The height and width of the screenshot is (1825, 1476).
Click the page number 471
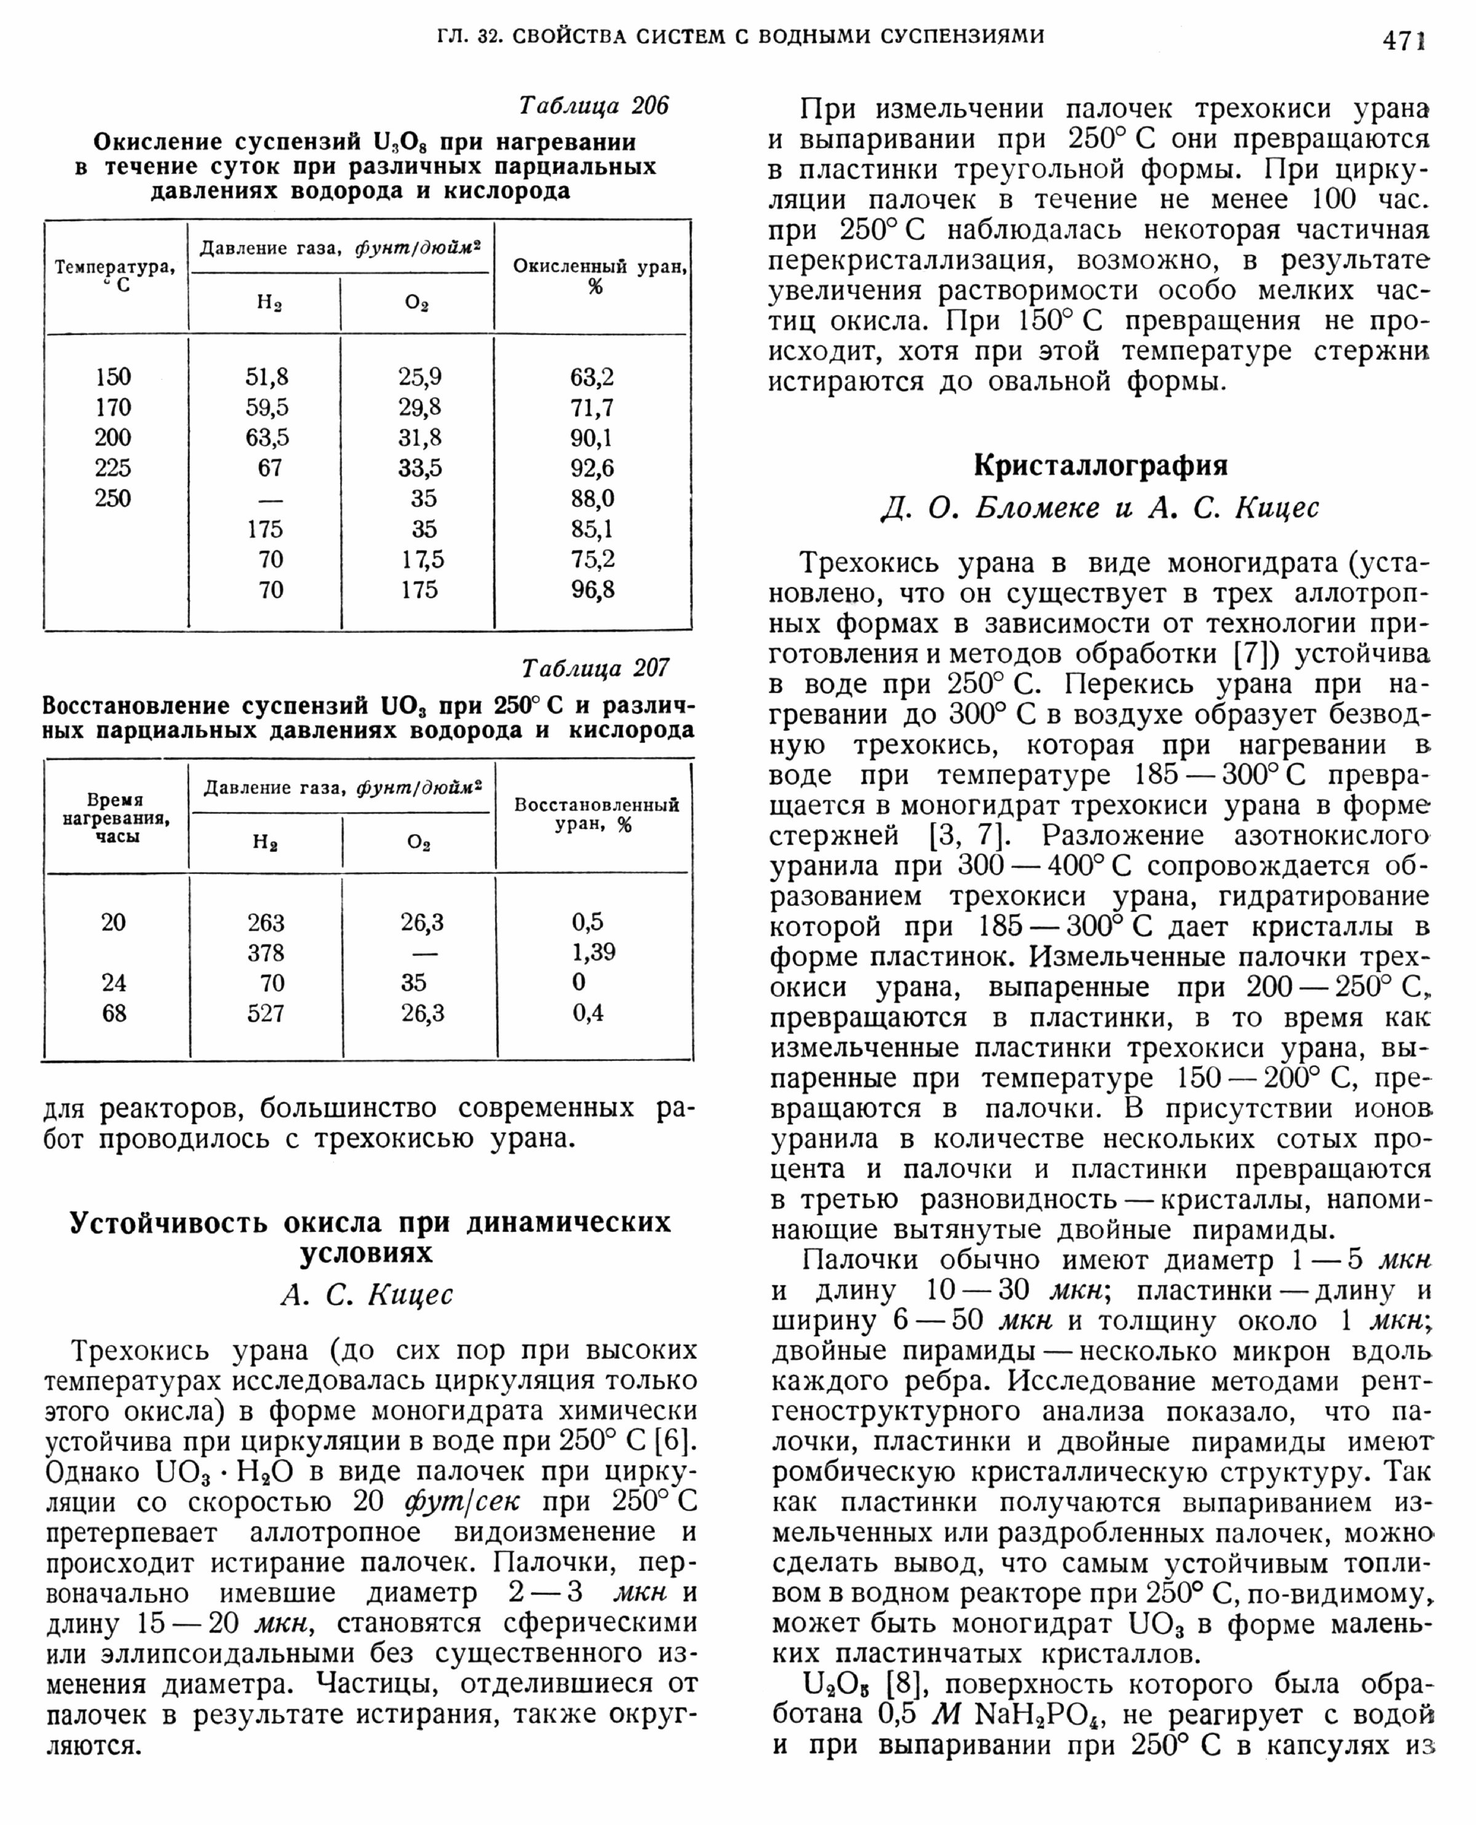point(1403,40)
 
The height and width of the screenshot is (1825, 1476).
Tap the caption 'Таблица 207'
point(595,669)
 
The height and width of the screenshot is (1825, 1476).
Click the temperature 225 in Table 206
point(113,467)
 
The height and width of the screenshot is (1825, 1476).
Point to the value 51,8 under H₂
point(267,376)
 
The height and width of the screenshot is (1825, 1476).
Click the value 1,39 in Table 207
point(593,952)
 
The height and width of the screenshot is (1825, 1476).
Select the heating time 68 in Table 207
point(114,1013)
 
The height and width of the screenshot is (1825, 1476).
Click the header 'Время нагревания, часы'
point(115,817)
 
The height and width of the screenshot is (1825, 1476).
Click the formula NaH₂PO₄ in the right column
point(1028,1714)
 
